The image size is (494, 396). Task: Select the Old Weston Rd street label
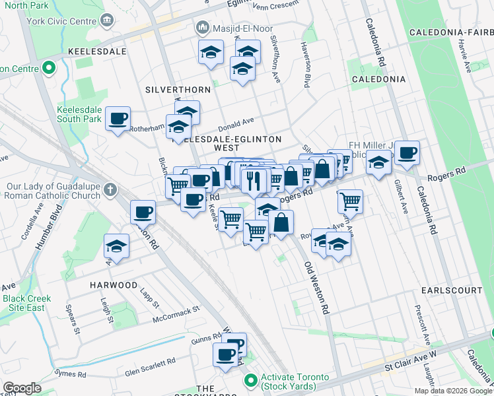(316, 286)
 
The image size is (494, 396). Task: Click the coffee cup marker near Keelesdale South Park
(119, 119)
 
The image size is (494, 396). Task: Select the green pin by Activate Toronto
(250, 381)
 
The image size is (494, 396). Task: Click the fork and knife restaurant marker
(254, 180)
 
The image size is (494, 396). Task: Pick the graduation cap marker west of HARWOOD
(116, 247)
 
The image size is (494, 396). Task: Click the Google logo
(22, 388)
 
